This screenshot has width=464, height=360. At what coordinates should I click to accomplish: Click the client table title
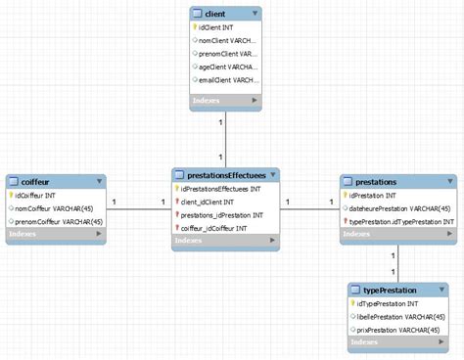click(x=217, y=14)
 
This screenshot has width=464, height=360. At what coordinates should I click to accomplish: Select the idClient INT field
click(x=217, y=29)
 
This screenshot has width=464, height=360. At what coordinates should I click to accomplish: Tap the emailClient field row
click(x=227, y=80)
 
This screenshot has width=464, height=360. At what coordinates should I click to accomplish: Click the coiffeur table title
click(x=32, y=181)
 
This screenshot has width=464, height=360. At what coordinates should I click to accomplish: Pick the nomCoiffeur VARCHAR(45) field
click(x=59, y=208)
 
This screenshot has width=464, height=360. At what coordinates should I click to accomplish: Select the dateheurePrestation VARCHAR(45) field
click(x=397, y=208)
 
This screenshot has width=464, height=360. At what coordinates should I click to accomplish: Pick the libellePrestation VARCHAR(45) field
click(x=401, y=317)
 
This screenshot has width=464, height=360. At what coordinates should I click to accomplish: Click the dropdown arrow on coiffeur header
click(x=100, y=181)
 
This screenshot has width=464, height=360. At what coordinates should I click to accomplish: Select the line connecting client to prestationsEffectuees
click(x=225, y=137)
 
